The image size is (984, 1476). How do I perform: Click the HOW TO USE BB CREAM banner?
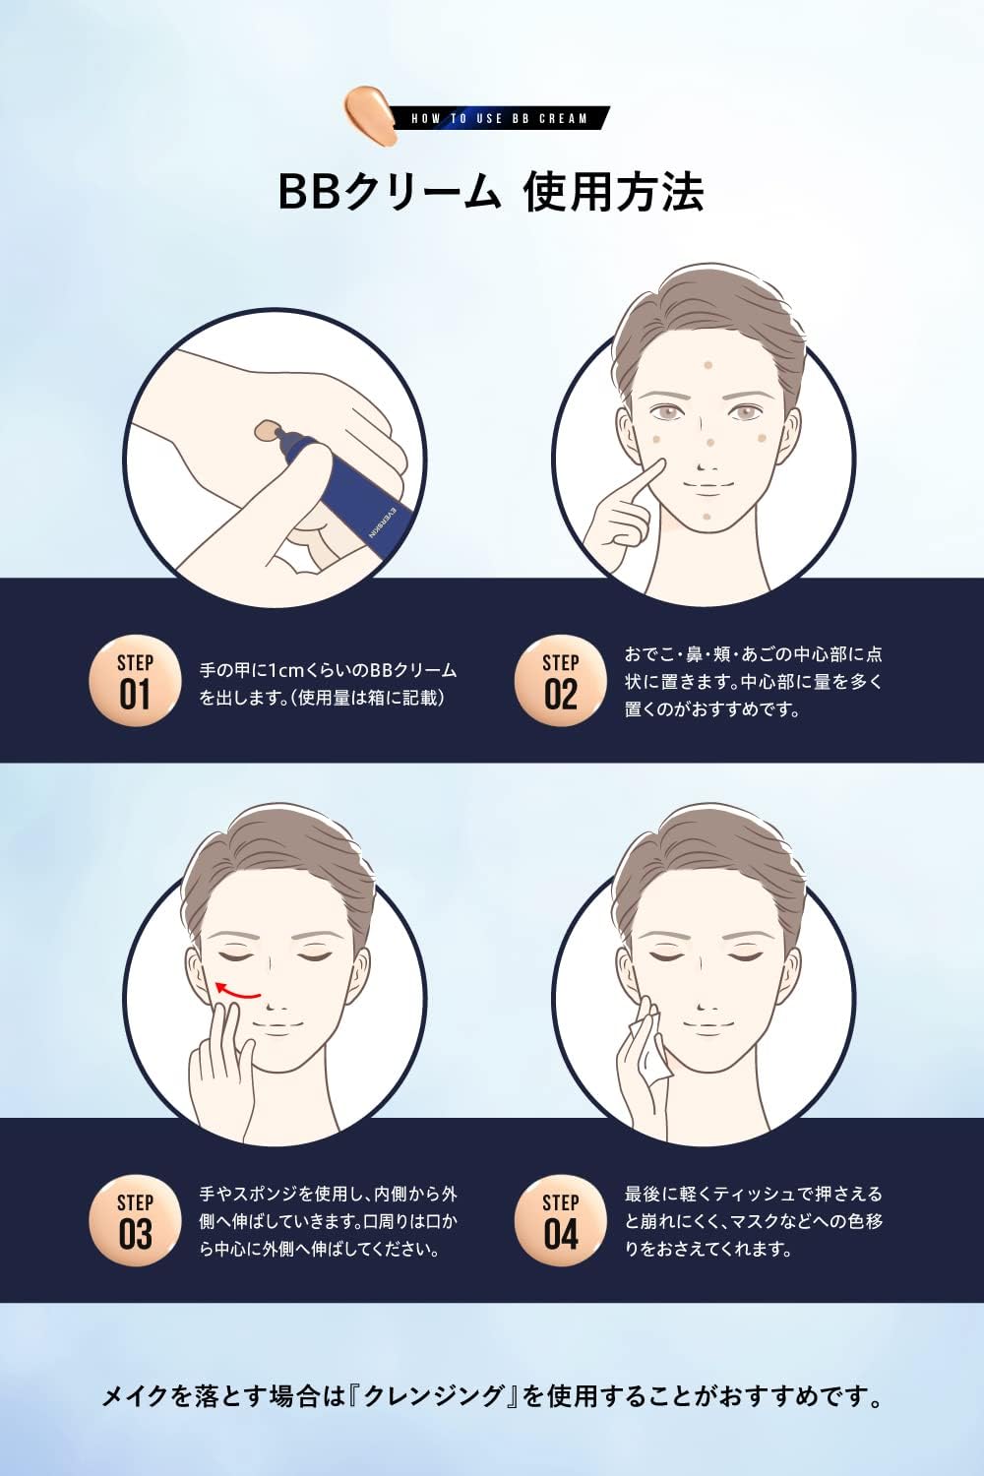[499, 118]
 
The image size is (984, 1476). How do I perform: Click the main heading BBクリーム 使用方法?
[491, 192]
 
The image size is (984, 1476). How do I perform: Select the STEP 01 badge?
[135, 682]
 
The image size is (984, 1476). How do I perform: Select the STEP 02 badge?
[560, 682]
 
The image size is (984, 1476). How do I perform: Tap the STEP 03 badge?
[135, 1221]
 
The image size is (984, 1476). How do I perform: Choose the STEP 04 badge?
[560, 1221]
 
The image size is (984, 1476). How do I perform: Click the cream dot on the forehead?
[707, 365]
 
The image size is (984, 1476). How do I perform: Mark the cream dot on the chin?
[707, 515]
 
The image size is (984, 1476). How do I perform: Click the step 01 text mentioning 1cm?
[328, 684]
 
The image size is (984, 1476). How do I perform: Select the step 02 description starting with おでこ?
[753, 681]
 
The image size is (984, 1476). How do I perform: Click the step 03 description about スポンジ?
[328, 1221]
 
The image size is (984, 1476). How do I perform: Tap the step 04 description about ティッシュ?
[753, 1221]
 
